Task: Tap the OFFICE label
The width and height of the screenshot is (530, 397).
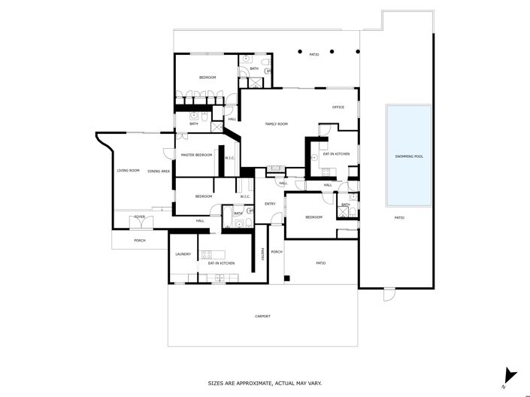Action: (338, 107)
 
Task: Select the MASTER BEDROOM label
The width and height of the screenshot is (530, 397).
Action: (196, 155)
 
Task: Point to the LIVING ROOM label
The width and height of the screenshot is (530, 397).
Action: (128, 171)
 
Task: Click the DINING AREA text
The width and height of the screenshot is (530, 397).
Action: (159, 171)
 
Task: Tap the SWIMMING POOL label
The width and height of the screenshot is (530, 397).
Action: (409, 156)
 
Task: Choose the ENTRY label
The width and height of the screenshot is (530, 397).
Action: (269, 204)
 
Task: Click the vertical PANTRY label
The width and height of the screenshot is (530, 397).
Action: (262, 254)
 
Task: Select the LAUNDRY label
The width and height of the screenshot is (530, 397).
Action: (183, 254)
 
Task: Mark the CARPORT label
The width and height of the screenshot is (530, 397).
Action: (262, 317)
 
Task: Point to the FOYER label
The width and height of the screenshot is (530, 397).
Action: (139, 217)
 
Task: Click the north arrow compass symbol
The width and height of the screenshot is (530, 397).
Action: (510, 374)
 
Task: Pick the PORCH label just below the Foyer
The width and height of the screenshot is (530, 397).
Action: (139, 241)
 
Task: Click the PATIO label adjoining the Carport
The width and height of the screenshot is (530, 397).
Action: (320, 262)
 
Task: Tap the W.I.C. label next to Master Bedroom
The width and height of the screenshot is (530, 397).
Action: (229, 158)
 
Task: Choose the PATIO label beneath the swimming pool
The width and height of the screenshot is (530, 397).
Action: (399, 218)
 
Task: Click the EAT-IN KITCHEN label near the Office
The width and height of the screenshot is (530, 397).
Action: (336, 154)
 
